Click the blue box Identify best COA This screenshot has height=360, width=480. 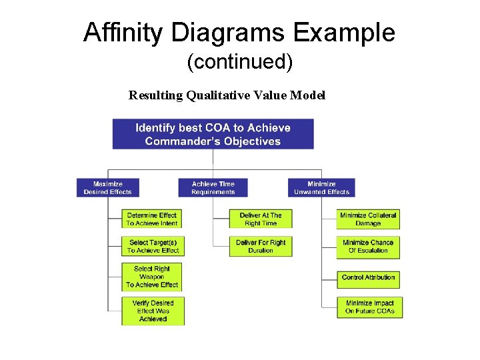tap(213, 134)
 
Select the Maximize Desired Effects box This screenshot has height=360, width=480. tap(108, 188)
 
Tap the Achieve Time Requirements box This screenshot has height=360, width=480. tap(213, 188)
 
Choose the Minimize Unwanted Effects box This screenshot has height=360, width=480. tap(321, 188)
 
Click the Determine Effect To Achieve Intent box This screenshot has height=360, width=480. tap(152, 219)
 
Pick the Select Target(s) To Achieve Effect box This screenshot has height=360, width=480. tap(153, 247)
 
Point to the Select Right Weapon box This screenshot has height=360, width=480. tap(152, 277)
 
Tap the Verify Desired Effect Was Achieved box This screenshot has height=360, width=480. tap(153, 311)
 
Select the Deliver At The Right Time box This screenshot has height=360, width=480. tap(261, 219)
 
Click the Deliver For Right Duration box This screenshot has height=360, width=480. tap(261, 247)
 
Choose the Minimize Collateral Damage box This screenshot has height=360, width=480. tap(368, 219)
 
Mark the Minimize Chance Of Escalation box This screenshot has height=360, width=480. tap(368, 247)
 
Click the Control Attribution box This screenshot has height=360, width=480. tap(368, 277)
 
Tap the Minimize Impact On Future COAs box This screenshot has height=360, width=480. tap(369, 307)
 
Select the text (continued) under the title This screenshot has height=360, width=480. tap(239, 62)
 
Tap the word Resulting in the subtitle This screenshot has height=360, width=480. tap(156, 95)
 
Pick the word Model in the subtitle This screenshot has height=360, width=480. tap(308, 95)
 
